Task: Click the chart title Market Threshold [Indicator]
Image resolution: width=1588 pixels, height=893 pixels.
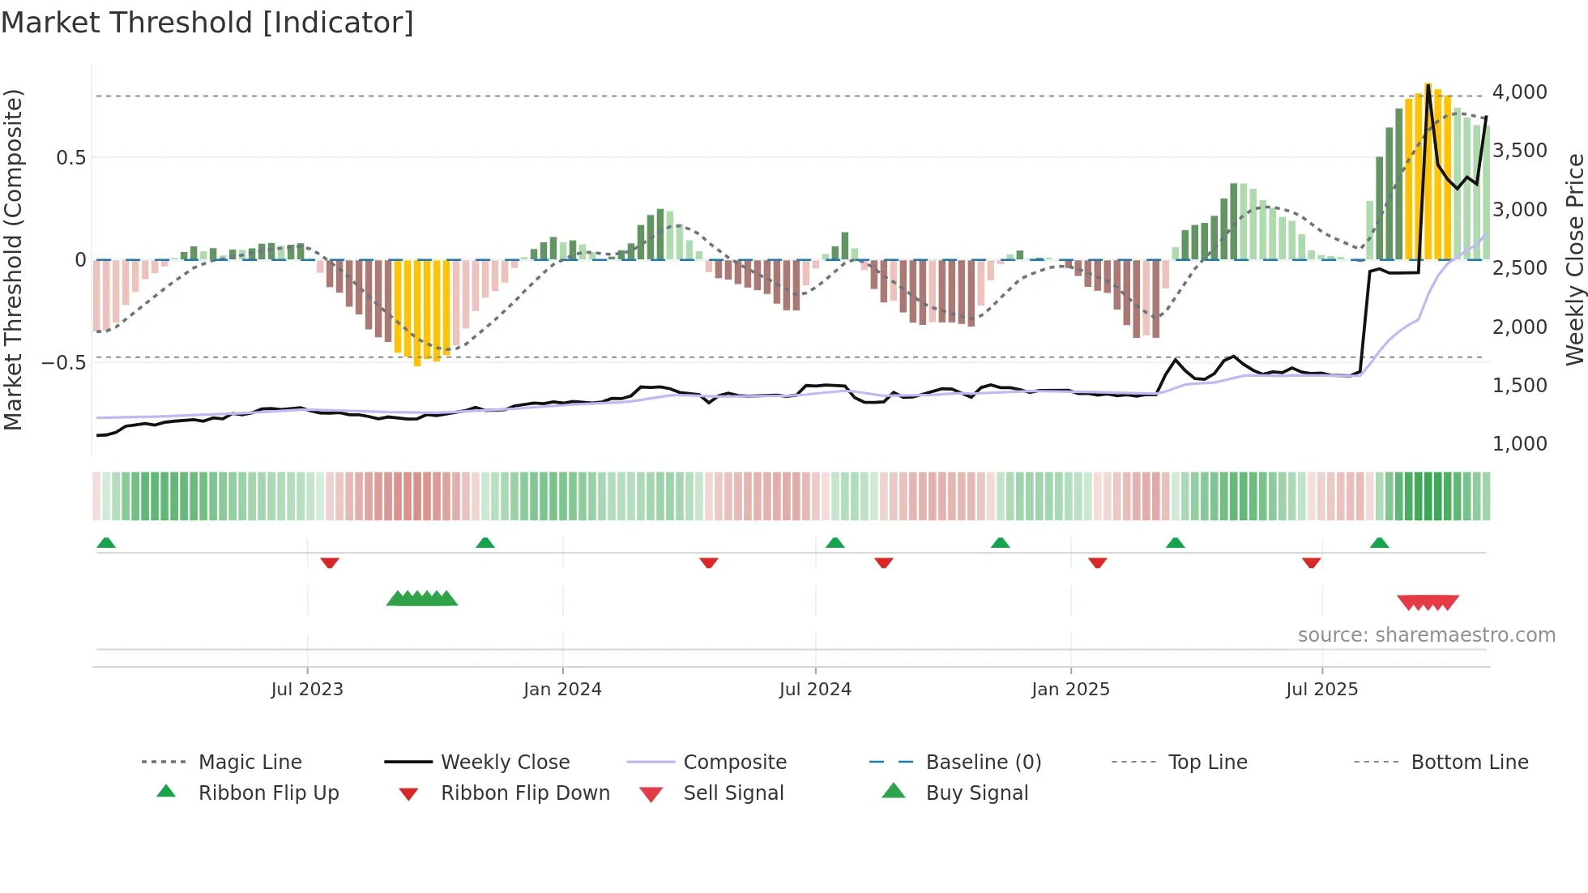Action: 207,23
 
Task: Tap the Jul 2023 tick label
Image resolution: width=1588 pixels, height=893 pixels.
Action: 307,690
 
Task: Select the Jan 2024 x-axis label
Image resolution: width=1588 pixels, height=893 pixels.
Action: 562,690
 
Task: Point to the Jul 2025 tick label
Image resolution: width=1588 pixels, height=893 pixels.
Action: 1321,690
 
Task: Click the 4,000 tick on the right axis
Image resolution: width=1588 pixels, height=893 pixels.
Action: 1519,92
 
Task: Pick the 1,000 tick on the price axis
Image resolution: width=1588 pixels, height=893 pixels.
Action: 1519,444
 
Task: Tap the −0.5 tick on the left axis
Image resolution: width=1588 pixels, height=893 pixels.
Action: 63,362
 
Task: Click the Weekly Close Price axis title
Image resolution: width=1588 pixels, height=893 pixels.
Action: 1573,259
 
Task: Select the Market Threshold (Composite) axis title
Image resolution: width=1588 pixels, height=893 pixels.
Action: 13,259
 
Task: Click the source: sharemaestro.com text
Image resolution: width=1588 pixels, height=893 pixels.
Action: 1426,635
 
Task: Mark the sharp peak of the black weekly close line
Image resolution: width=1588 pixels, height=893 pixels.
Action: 1428,84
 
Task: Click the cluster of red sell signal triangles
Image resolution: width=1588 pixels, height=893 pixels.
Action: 1428,603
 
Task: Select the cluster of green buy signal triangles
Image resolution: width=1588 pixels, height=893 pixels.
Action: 421,599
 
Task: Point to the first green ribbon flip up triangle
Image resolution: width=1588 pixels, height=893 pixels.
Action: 106,543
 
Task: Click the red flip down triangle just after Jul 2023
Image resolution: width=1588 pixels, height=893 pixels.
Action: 329,562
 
